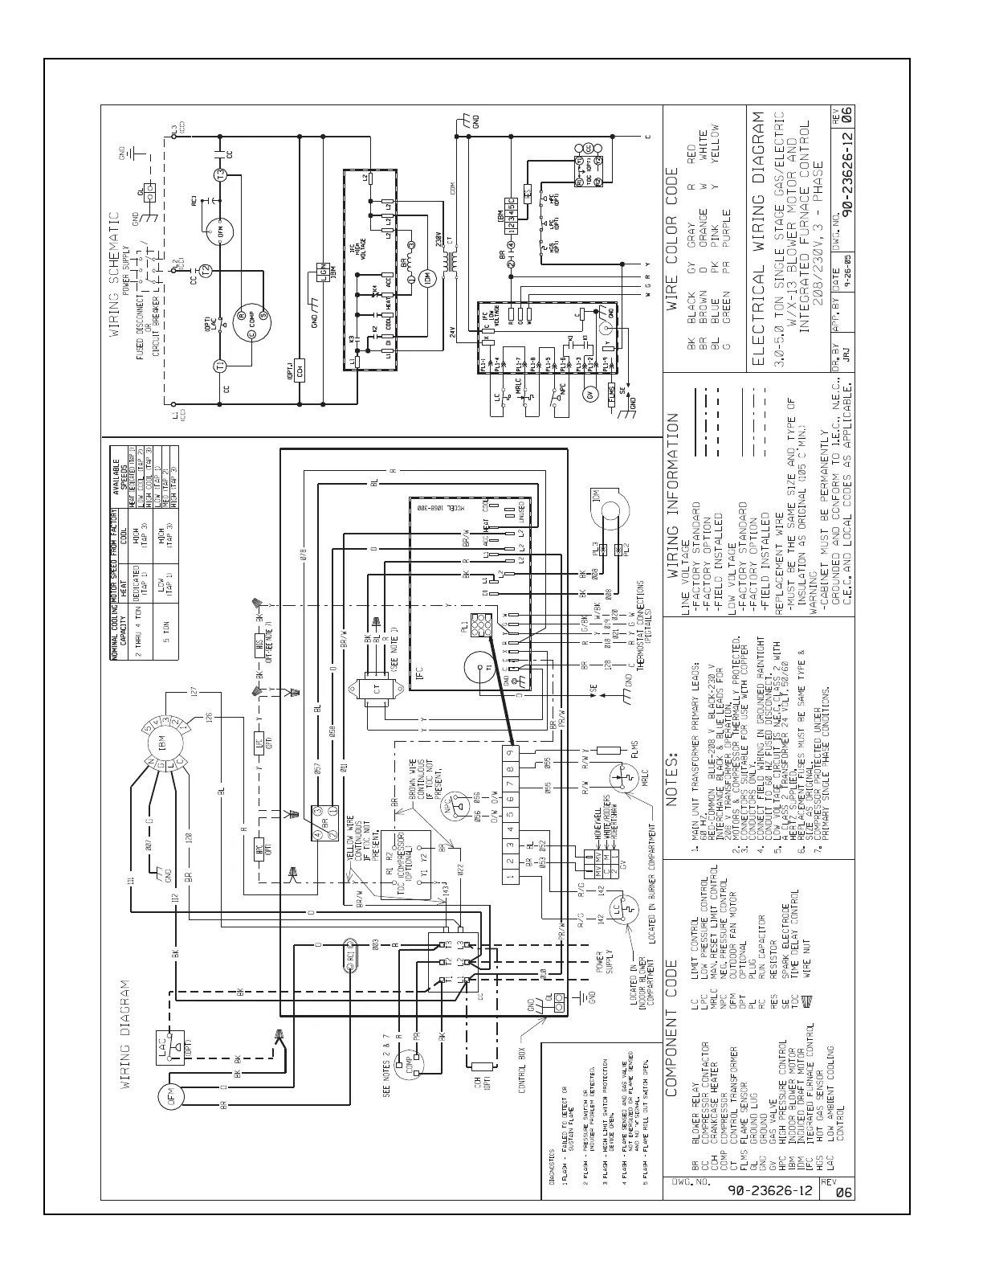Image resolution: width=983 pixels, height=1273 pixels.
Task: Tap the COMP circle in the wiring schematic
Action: [245, 325]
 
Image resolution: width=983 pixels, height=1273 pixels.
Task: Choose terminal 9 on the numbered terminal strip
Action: [510, 751]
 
